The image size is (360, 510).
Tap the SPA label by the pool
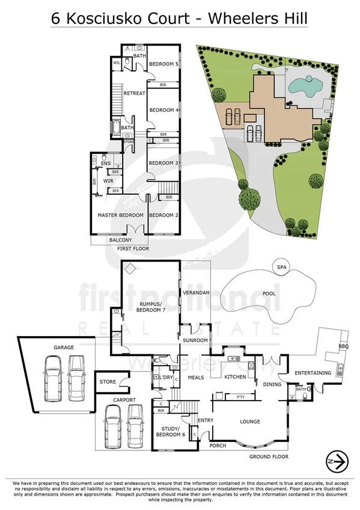[279, 267]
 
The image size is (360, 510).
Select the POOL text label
[269, 294]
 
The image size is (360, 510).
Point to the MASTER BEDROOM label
[120, 215]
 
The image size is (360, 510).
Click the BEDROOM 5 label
[163, 64]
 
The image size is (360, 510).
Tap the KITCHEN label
[235, 377]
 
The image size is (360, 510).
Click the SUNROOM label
[195, 341]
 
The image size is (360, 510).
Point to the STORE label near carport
[108, 381]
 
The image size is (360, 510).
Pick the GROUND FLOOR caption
[269, 456]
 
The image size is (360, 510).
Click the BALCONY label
[120, 239]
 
